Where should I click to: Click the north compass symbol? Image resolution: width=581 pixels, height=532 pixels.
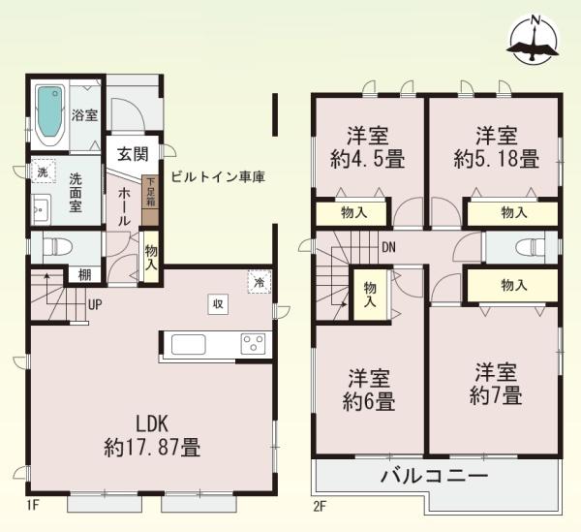[x=534, y=40]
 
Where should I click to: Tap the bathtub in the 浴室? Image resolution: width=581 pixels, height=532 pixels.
[x=50, y=115]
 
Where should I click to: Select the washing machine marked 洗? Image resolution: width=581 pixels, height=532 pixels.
[x=43, y=171]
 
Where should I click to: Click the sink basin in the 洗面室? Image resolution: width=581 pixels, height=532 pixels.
[x=41, y=210]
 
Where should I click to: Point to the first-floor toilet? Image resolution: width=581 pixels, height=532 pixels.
[x=56, y=246]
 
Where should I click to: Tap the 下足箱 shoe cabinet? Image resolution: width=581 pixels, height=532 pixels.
[x=150, y=201]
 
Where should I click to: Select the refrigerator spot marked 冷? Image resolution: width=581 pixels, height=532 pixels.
[x=260, y=282]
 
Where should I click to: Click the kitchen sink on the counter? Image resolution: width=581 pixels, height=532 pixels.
[x=188, y=344]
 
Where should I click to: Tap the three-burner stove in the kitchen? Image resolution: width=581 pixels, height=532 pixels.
[x=254, y=344]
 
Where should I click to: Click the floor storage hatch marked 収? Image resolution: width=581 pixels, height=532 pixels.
[x=218, y=304]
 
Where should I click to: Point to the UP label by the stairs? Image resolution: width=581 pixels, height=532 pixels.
[x=95, y=304]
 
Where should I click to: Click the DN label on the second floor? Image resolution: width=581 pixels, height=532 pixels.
[x=388, y=247]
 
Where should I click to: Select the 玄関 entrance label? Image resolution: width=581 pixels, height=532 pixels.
[x=133, y=154]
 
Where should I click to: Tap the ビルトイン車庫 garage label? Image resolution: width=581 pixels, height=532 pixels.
[x=218, y=176]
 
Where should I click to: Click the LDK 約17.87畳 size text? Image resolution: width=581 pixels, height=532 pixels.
[x=152, y=436]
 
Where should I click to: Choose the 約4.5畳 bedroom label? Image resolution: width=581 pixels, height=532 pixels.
[x=367, y=148]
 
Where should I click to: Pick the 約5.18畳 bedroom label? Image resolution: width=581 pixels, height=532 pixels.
[x=496, y=147]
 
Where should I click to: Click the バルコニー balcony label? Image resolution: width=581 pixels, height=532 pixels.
[x=434, y=476]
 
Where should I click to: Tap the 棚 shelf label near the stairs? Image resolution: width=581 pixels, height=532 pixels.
[x=84, y=275]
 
